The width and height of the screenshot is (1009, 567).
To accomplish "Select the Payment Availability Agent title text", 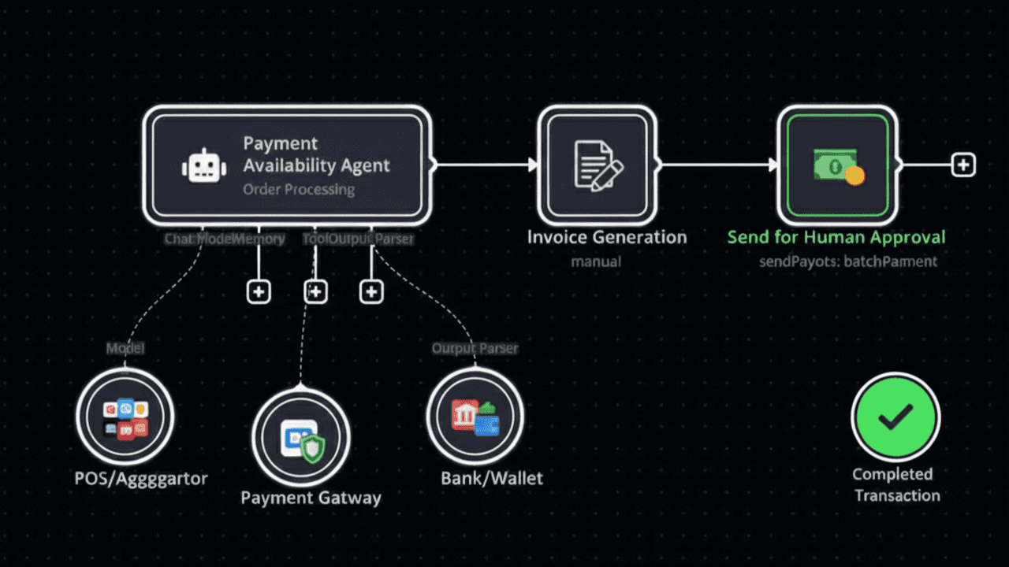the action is coord(316,154).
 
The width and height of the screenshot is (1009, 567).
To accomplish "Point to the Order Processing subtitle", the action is coord(298,190).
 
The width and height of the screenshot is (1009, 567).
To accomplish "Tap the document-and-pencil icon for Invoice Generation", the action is coord(597,165).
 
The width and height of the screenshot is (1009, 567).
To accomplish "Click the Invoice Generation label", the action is coord(607,237).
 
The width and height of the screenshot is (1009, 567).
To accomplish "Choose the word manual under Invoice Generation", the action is coord(596,261).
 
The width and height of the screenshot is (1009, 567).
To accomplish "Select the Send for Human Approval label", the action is coord(836,237).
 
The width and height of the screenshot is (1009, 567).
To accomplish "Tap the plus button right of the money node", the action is coord(963,165).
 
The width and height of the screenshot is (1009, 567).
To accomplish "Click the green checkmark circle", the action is coord(895,417).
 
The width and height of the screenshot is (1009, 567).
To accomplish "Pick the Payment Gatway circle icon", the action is coord(301,437).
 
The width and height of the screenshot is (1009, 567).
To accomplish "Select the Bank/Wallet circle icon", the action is coord(475,417).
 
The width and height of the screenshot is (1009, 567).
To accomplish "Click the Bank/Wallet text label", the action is coord(492,478).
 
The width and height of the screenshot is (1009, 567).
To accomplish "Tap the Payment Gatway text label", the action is coord(311,498).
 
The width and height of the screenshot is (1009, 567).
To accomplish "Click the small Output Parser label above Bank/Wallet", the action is coord(475,348).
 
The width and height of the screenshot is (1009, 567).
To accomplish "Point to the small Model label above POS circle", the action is coord(126,348).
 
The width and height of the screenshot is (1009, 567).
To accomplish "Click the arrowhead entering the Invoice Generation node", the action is coord(533,165).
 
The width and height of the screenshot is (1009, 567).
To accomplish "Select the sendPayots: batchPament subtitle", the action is coord(848,261).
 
